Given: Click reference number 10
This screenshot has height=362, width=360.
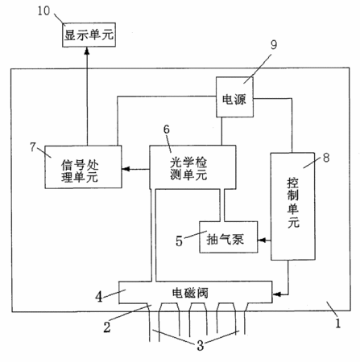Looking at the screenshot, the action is pyautogui.click(x=43, y=10).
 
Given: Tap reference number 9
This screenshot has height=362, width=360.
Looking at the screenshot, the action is pyautogui.click(x=274, y=45).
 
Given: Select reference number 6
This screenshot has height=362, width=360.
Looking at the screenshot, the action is pyautogui.click(x=167, y=130).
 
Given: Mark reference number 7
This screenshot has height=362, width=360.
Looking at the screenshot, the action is pyautogui.click(x=33, y=146).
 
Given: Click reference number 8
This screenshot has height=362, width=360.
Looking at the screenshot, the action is pyautogui.click(x=326, y=158).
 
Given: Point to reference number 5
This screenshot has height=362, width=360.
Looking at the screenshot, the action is pyautogui.click(x=179, y=241).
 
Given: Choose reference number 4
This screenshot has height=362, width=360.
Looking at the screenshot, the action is pyautogui.click(x=99, y=297).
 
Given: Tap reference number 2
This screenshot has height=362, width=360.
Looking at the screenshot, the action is pyautogui.click(x=107, y=327).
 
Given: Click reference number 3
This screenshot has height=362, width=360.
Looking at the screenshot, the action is pyautogui.click(x=201, y=345).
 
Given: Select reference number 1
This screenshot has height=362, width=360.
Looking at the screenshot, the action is pyautogui.click(x=338, y=323).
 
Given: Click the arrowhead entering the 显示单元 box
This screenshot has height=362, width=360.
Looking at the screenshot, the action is pyautogui.click(x=87, y=51).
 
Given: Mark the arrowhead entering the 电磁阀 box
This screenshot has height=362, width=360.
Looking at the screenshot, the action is pyautogui.click(x=276, y=294).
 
